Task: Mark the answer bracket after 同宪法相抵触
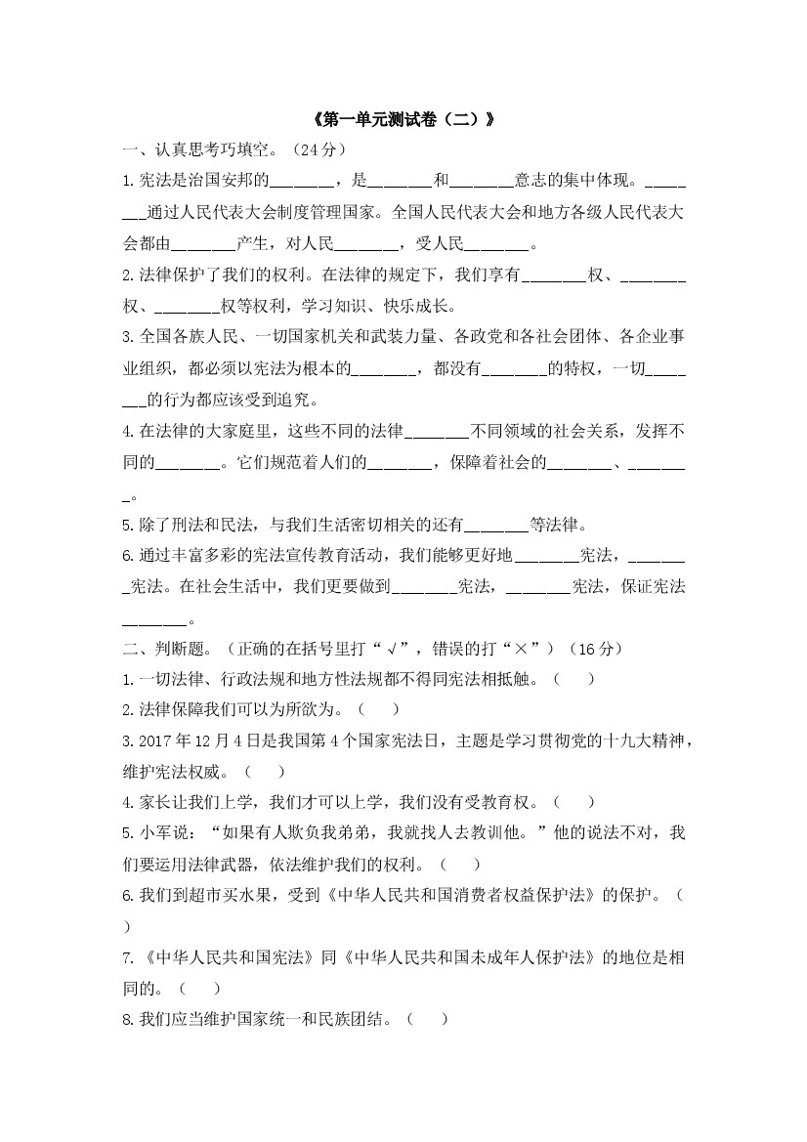573,680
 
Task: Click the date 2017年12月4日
195,740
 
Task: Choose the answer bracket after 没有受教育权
573,803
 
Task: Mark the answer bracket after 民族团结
427,1020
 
